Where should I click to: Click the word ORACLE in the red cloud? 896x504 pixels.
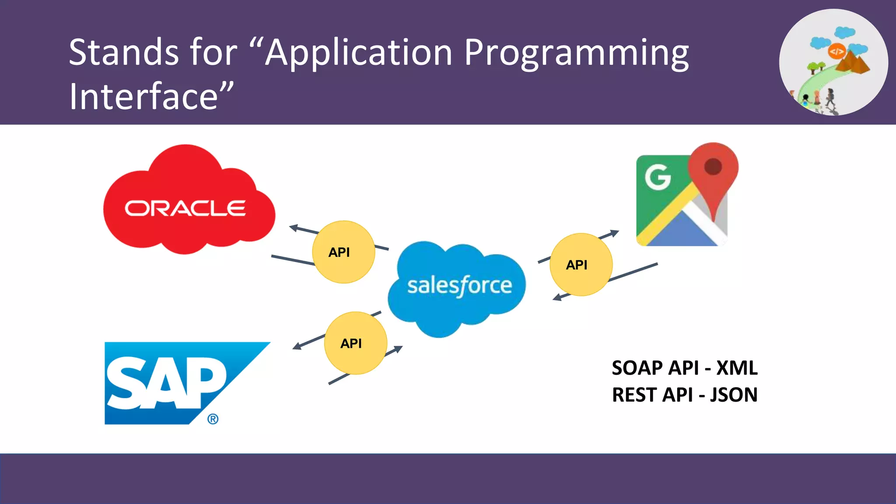pos(185,208)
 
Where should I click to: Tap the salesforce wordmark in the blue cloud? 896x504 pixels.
pos(459,286)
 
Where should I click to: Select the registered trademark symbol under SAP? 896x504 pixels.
pos(213,419)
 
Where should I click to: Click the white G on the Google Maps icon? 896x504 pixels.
pos(658,177)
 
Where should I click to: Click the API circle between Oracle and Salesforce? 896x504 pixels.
pos(343,252)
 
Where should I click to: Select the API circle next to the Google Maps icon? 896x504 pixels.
pos(581,265)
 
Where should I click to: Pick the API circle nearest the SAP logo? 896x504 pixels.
pos(355,343)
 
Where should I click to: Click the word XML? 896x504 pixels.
pos(737,368)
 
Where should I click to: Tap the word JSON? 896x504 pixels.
pos(734,395)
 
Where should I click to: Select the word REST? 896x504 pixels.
pos(634,395)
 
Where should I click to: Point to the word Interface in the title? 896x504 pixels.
pos(143,96)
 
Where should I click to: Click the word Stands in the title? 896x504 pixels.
pos(123,52)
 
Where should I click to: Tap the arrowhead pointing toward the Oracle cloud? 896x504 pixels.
pos(294,227)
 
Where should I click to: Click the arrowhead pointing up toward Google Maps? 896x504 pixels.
pos(615,232)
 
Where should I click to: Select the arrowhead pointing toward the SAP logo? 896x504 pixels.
pos(297,346)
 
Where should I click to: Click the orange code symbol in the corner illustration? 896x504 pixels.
pos(836,52)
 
